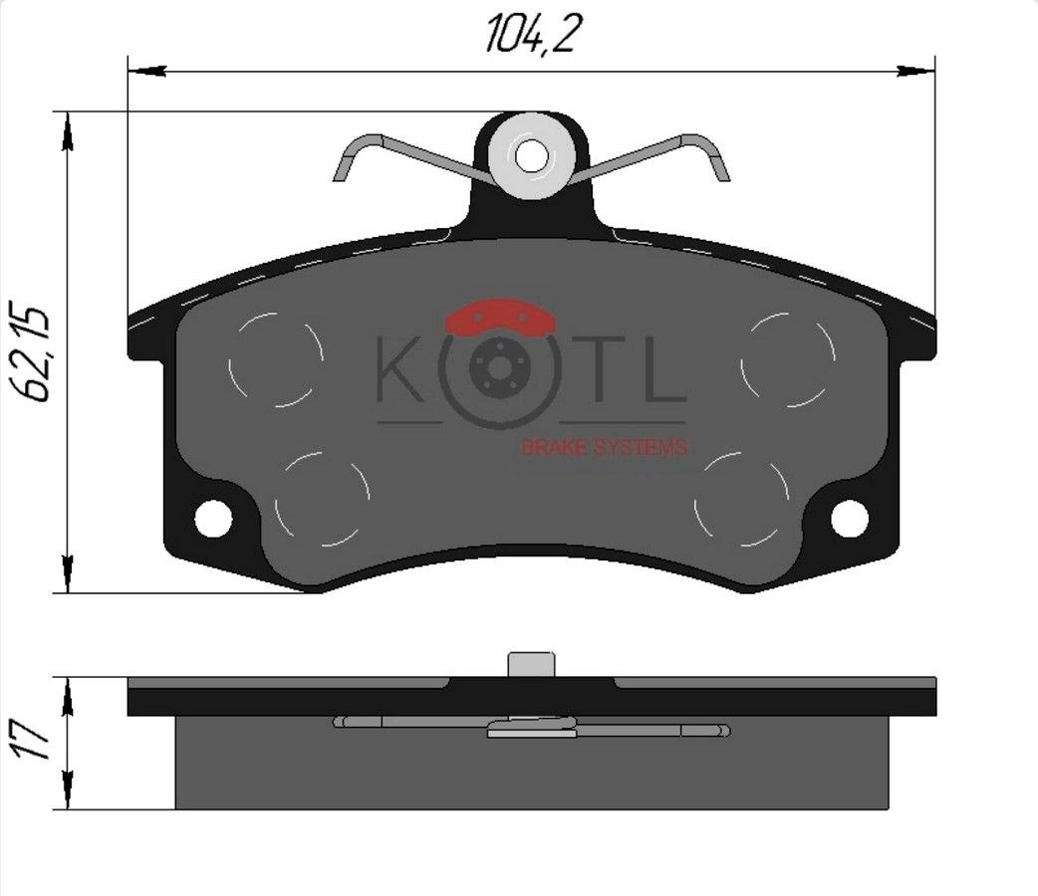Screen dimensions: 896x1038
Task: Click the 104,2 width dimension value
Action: click(532, 35)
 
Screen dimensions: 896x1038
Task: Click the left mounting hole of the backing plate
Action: click(212, 517)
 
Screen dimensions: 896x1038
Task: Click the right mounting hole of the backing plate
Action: click(849, 516)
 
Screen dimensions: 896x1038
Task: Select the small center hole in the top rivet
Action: click(532, 155)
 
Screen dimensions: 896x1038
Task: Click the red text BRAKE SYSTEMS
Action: click(604, 448)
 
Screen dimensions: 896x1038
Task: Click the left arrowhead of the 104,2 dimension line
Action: click(144, 71)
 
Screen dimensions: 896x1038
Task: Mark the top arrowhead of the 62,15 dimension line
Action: click(67, 129)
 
